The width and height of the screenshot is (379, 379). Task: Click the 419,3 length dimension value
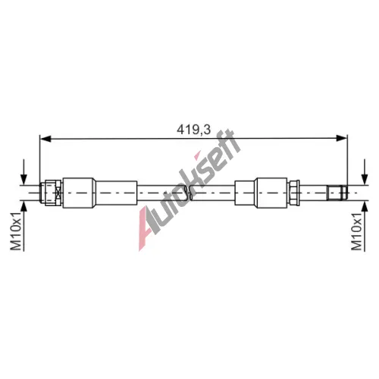click(193, 130)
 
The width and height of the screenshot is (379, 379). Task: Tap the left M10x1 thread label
click(16, 231)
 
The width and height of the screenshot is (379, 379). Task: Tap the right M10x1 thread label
click(357, 231)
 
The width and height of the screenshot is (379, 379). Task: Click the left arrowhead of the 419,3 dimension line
click(45, 139)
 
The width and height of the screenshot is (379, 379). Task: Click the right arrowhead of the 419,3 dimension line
click(342, 139)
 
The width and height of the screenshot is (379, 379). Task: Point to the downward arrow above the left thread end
click(23, 172)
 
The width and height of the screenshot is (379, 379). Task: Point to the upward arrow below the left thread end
click(23, 227)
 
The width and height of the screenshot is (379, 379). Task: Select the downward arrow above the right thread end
click(365, 172)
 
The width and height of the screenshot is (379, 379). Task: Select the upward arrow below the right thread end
click(365, 227)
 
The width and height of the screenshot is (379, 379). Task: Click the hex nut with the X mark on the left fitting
click(53, 193)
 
